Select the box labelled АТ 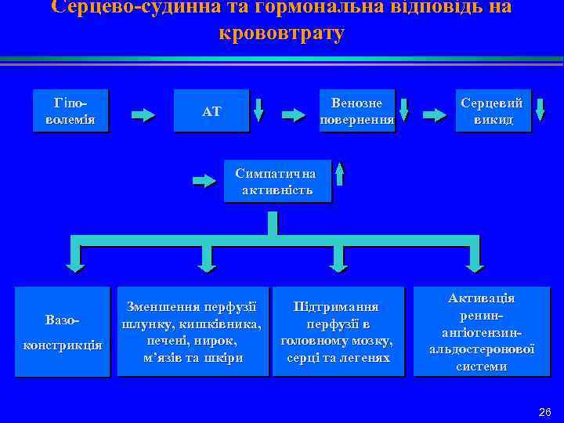[211, 111]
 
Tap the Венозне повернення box [356, 111]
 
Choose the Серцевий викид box [492, 111]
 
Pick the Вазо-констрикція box [62, 332]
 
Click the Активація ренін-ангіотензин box [482, 332]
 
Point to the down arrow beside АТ [259, 111]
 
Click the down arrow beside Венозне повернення [406, 111]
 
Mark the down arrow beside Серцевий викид [539, 111]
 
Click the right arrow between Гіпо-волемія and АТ [143, 115]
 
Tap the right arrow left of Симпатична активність [204, 182]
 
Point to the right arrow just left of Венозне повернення [294, 115]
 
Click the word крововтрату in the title [282, 34]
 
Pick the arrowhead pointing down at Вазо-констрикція [75, 262]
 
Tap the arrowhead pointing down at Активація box [473, 262]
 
